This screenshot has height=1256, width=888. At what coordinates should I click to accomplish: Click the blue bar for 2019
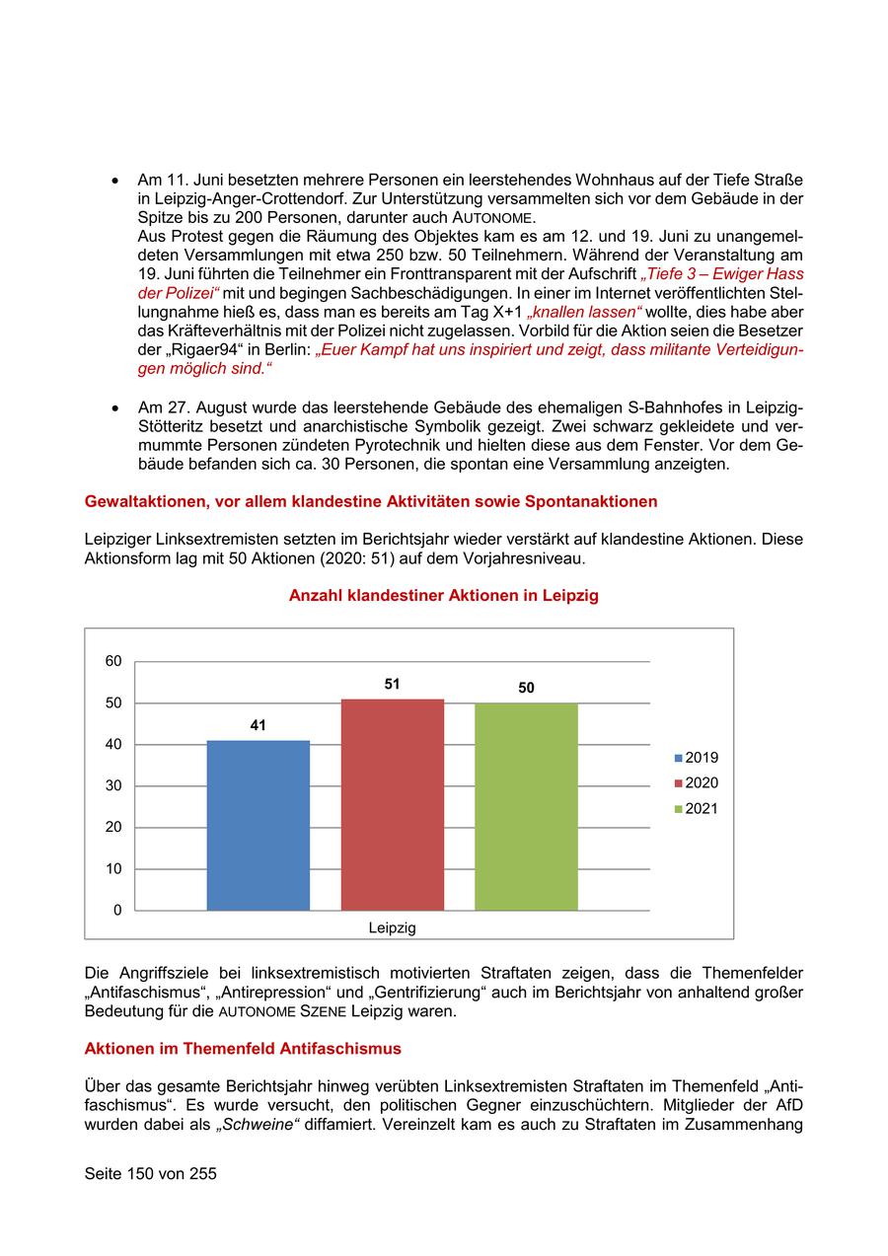pos(258,825)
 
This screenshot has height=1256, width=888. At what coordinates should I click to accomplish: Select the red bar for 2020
pos(392,804)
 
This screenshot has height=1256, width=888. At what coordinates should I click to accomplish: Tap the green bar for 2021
pos(526,806)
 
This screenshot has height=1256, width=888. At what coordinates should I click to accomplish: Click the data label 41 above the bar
pos(258,725)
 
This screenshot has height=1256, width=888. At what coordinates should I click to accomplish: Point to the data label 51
pos(392,684)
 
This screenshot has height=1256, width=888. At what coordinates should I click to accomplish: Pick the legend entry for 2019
pos(697,758)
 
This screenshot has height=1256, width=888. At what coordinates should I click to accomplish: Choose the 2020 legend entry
pos(697,783)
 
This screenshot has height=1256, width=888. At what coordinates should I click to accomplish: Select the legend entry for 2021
pos(697,809)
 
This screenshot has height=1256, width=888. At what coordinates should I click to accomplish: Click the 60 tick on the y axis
pos(113,661)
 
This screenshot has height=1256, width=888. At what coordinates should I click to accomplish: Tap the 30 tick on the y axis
pos(113,786)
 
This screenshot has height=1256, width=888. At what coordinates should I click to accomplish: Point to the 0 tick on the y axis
pos(117,911)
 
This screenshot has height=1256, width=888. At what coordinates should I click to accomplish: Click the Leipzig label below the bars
pos(392,927)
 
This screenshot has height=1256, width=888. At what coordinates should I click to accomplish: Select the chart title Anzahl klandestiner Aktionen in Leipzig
pos(443,596)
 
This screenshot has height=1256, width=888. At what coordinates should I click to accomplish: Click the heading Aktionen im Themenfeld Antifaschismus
pos(243,1048)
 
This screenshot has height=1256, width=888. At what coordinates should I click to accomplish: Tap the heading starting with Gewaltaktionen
pos(371,501)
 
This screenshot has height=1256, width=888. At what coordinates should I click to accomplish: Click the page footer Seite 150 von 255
pos(150,1174)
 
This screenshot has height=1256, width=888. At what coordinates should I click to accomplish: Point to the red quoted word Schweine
pos(262,1123)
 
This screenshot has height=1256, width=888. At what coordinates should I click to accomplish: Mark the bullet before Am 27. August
pos(115,407)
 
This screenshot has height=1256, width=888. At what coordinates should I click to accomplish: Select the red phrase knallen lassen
pos(584,311)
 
